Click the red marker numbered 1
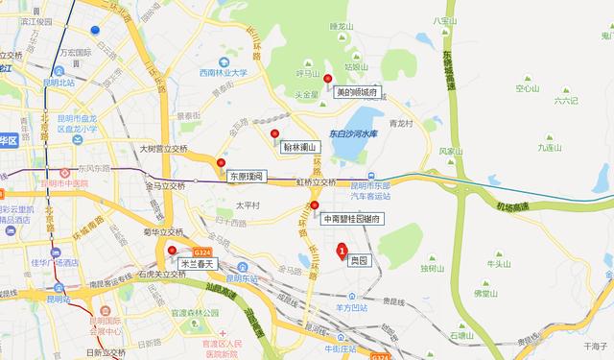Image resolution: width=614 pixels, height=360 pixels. coord(341,252)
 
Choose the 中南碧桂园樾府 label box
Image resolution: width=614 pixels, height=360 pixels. coord(352,219)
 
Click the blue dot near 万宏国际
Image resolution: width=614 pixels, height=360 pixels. coord(95,30)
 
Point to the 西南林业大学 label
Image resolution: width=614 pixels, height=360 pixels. coord(223,72)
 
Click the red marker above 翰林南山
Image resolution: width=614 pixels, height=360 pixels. coord(274,133)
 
